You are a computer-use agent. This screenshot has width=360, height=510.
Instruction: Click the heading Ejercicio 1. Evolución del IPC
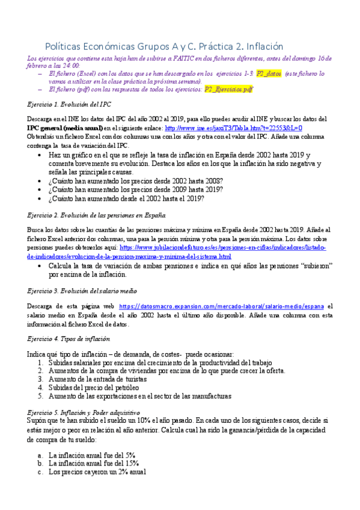pos(70,104)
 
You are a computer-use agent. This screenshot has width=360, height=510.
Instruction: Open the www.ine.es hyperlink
pos(233,128)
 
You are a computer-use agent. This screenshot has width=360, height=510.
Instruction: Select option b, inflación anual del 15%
pos(94,464)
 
